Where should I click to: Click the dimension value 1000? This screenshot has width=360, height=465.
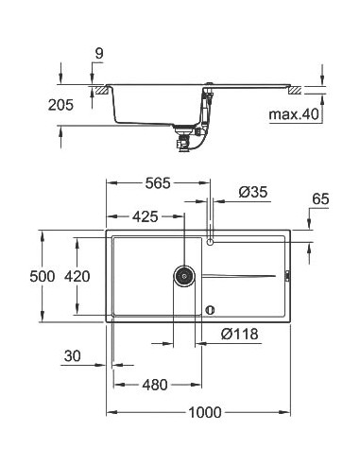click(202, 412)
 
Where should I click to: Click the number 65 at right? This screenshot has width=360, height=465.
click(319, 199)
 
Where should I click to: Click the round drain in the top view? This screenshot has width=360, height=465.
click(184, 276)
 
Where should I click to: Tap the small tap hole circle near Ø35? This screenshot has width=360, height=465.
click(211, 243)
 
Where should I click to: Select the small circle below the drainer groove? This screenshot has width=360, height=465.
click(211, 308)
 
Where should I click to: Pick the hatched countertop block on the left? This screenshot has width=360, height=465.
click(97, 91)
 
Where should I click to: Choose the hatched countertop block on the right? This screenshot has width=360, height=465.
click(296, 91)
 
